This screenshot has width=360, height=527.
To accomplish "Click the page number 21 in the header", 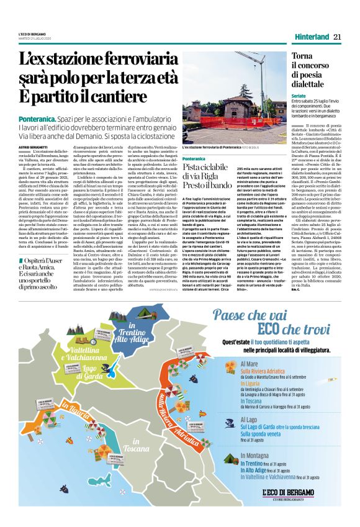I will tap(337, 37).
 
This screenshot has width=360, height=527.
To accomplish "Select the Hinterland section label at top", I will tap(308, 37).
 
